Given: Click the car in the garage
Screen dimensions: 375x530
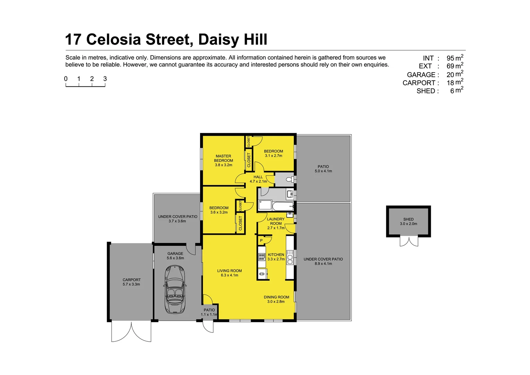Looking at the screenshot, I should [x=175, y=289].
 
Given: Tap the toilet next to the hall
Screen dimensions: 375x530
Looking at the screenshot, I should [x=289, y=179].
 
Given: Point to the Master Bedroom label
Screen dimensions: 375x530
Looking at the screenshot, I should [x=223, y=160].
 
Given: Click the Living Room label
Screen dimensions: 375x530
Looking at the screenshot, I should [x=229, y=273].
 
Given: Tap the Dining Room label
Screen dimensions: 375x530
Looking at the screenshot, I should [x=276, y=299].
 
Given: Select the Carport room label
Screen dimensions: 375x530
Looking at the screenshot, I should [x=131, y=282].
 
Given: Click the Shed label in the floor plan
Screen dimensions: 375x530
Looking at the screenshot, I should [x=408, y=222].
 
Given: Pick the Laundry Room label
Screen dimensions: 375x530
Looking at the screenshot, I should [x=276, y=223].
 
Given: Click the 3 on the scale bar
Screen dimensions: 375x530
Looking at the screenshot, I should [x=105, y=79].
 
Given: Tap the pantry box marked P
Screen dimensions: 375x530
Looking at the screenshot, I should [x=261, y=240].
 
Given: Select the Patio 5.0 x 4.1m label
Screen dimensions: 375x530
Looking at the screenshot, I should [x=323, y=169].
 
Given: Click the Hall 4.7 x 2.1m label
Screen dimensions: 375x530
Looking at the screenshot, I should [x=258, y=179].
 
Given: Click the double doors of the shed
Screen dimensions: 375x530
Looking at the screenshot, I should [x=409, y=241].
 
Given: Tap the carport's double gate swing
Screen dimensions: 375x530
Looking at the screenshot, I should [x=131, y=332].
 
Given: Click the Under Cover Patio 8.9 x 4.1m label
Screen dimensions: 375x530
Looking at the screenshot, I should [x=323, y=261].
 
